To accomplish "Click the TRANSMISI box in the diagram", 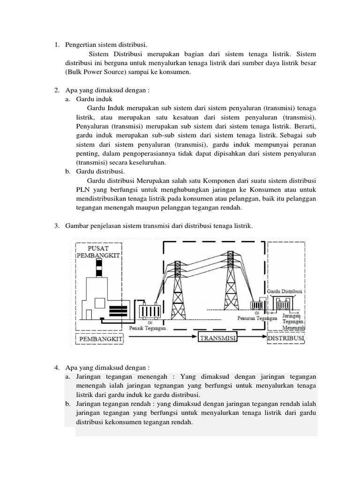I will pos(217,338).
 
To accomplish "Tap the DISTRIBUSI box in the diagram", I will pos(286,338).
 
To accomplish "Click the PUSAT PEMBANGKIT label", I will pos(98,251).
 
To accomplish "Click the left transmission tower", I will pos(179,286).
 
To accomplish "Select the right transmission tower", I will pos(230,281).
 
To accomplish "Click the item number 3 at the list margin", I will pos(56,226).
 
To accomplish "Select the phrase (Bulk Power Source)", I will pos(98,73).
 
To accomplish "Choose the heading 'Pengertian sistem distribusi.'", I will pos(106,45).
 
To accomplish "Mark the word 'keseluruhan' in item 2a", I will pos(147,163).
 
